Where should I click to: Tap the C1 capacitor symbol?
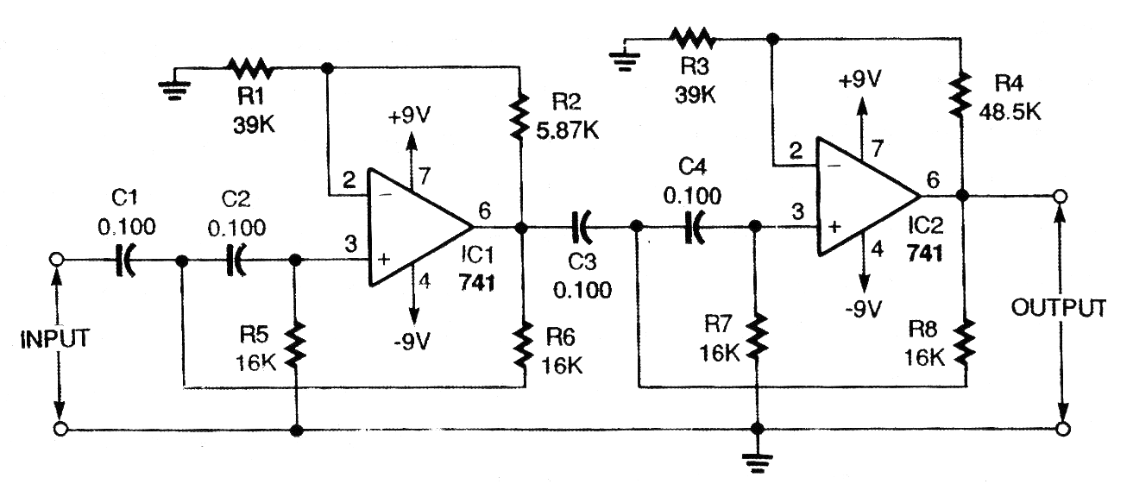[127, 259]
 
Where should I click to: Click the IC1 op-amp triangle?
[415, 228]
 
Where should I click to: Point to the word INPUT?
[56, 337]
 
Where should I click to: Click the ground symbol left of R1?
[175, 87]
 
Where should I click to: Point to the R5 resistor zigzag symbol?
[296, 343]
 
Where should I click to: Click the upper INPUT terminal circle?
[57, 259]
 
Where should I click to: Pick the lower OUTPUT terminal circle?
[1062, 429]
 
